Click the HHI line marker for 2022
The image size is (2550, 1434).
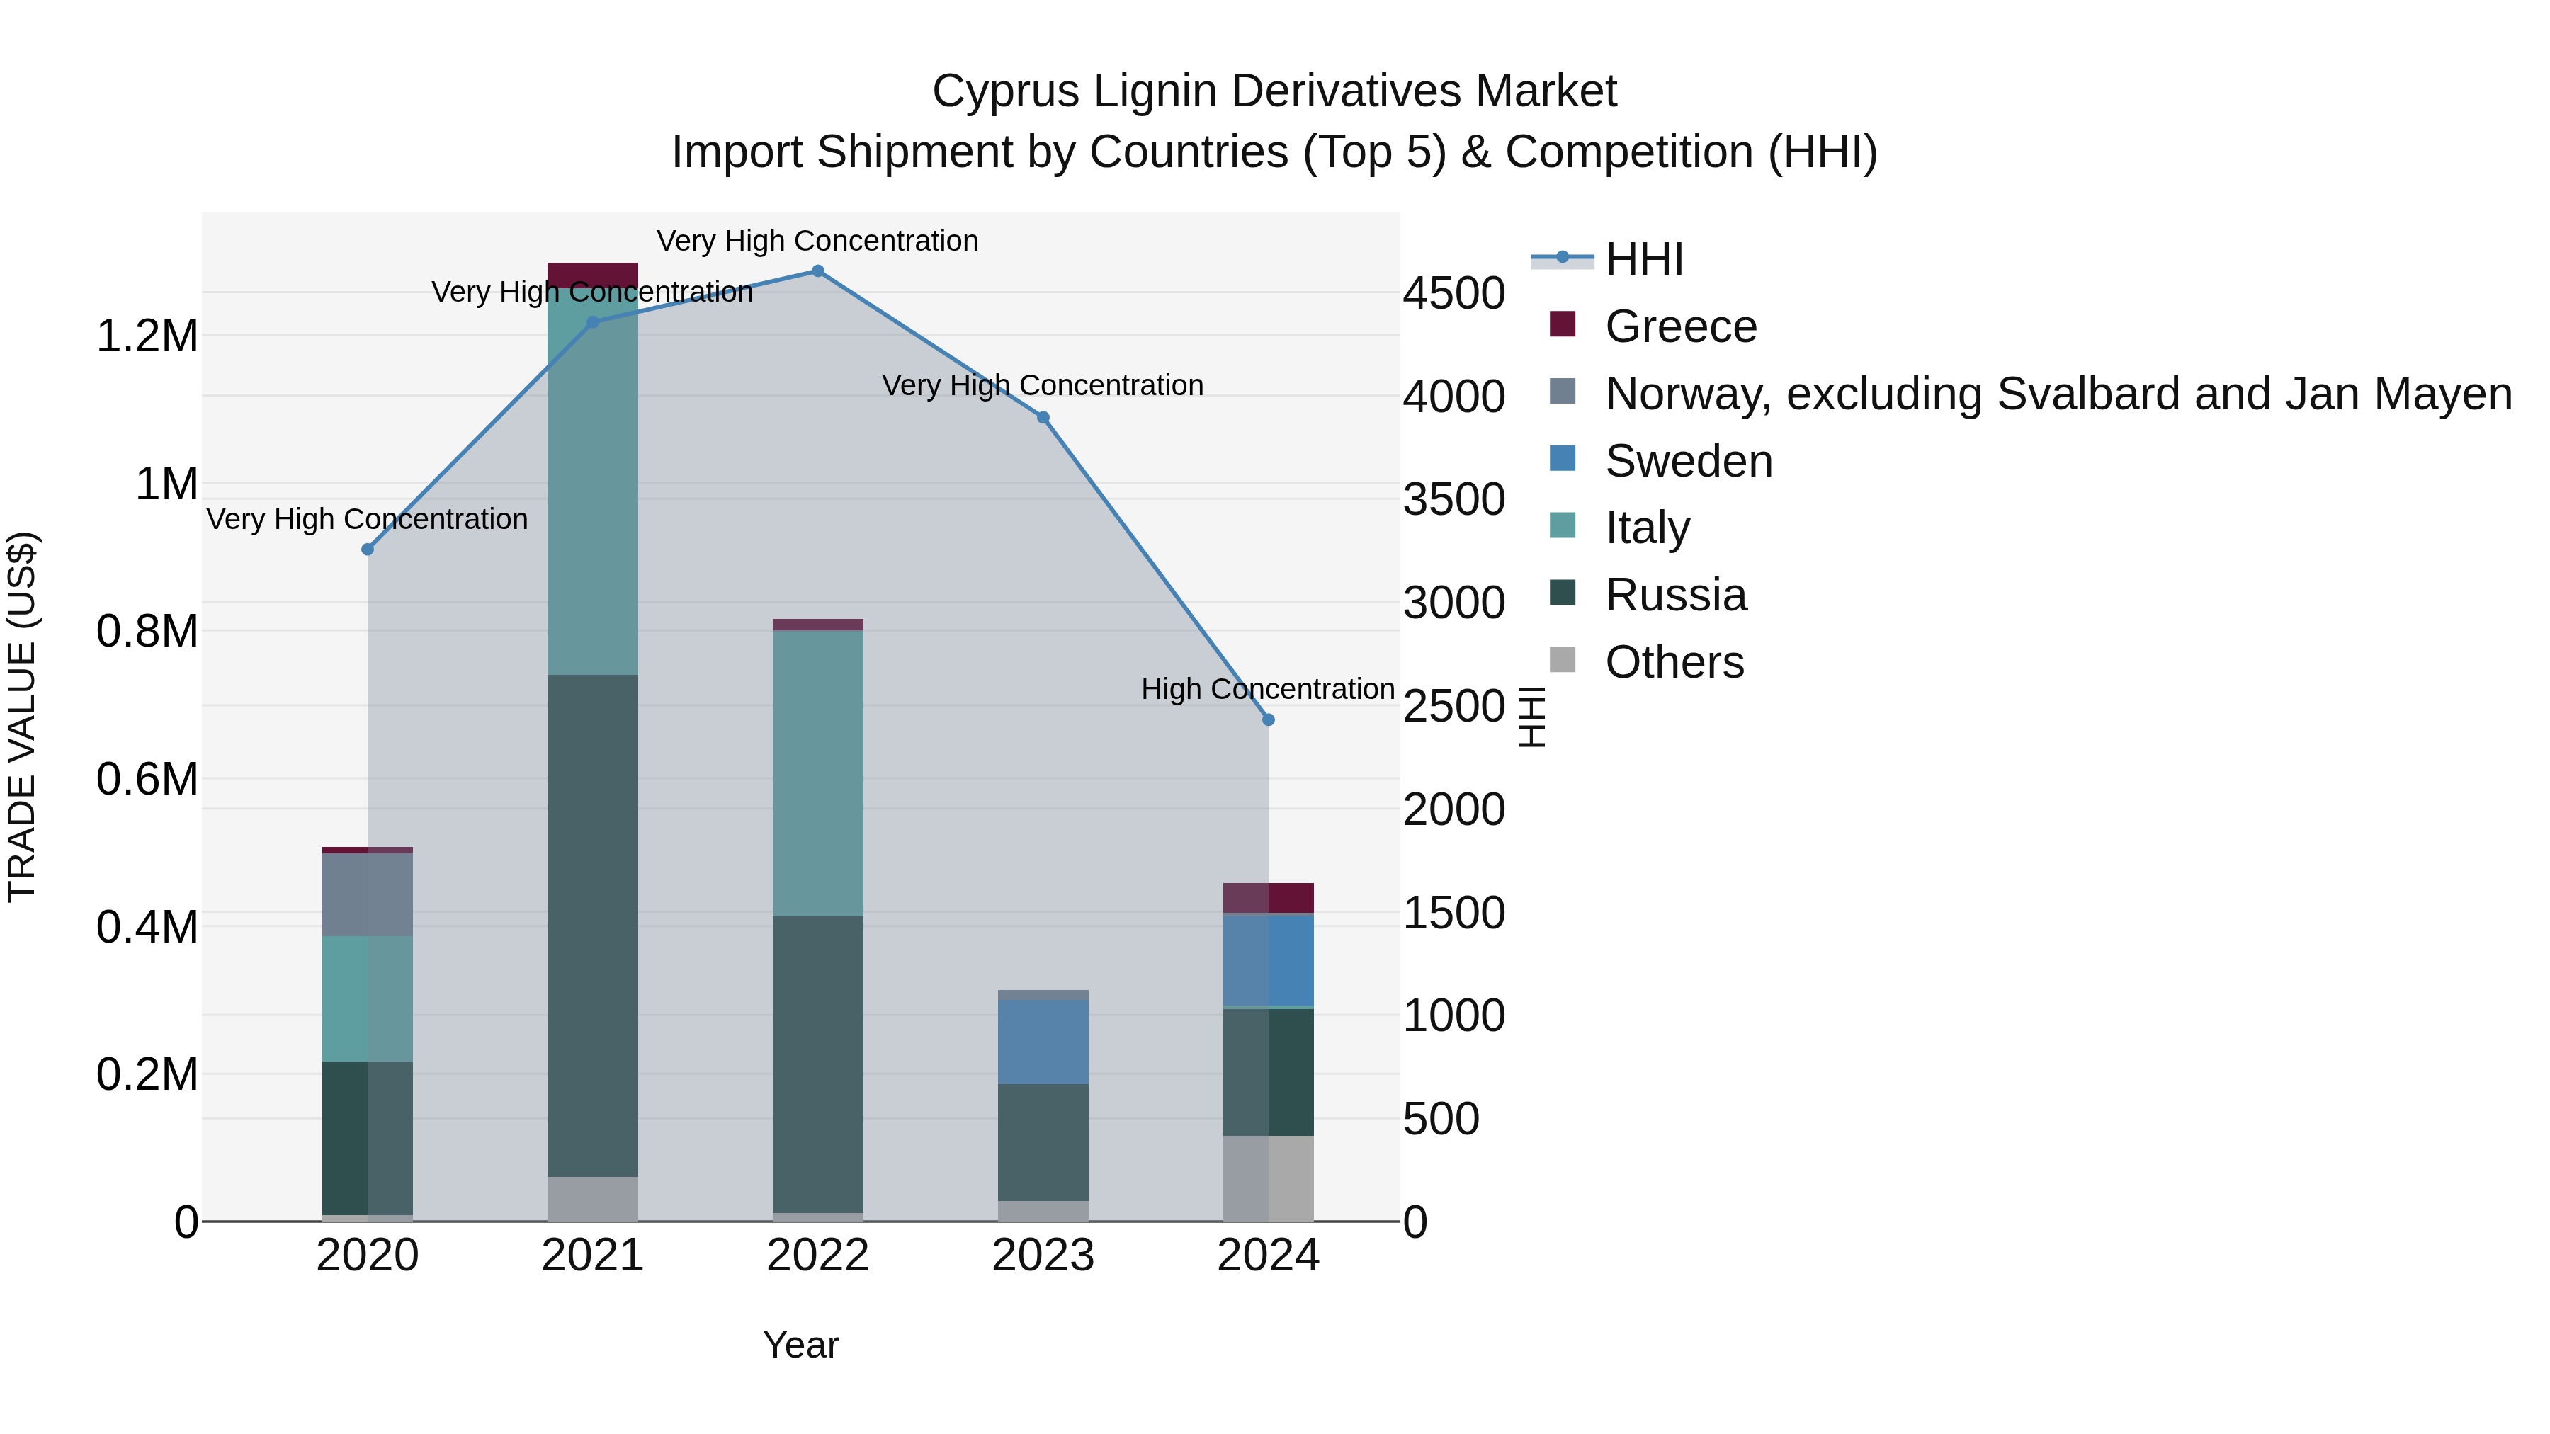(817, 271)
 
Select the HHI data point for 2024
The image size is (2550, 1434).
(1268, 719)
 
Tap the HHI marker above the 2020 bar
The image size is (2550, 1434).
(367, 550)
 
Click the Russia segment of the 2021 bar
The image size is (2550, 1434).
(592, 926)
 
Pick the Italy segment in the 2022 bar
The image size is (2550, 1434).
(817, 772)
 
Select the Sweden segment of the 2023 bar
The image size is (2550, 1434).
(1043, 1041)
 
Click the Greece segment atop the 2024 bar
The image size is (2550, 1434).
(1268, 898)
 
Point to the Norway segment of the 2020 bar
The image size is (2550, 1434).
(367, 894)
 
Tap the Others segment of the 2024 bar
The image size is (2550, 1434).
(1268, 1178)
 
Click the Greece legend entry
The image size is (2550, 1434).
(1680, 326)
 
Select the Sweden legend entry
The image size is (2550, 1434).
(1688, 461)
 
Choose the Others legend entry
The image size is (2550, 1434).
(1674, 662)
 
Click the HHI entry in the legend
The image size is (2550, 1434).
(1643, 259)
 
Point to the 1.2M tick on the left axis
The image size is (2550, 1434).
(147, 336)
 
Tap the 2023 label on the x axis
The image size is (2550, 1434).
(1043, 1256)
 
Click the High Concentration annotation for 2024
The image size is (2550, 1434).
(1267, 689)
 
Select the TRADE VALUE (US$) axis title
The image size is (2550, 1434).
(22, 717)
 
